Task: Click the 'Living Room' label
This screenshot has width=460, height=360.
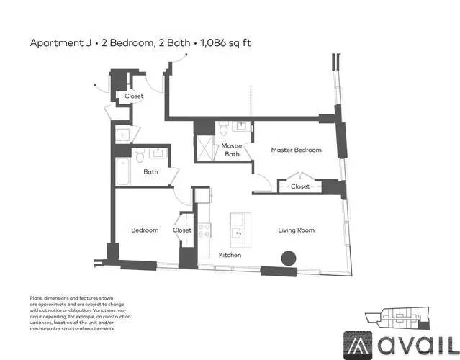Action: (297, 230)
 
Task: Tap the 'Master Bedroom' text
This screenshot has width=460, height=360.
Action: (296, 150)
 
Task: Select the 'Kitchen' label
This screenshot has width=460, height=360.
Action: (230, 256)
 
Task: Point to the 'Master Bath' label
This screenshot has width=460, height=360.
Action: (231, 150)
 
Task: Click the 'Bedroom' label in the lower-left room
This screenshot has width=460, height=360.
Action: (144, 230)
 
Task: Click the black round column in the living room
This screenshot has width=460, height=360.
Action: (289, 258)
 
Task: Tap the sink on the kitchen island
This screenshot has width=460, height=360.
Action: (237, 233)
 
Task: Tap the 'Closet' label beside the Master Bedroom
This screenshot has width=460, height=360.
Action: (300, 186)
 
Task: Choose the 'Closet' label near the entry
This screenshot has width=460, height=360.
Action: (134, 96)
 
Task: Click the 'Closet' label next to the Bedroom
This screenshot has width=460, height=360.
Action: (182, 230)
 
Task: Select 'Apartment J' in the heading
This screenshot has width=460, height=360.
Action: (60, 43)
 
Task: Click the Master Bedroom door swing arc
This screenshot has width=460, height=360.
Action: (261, 181)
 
